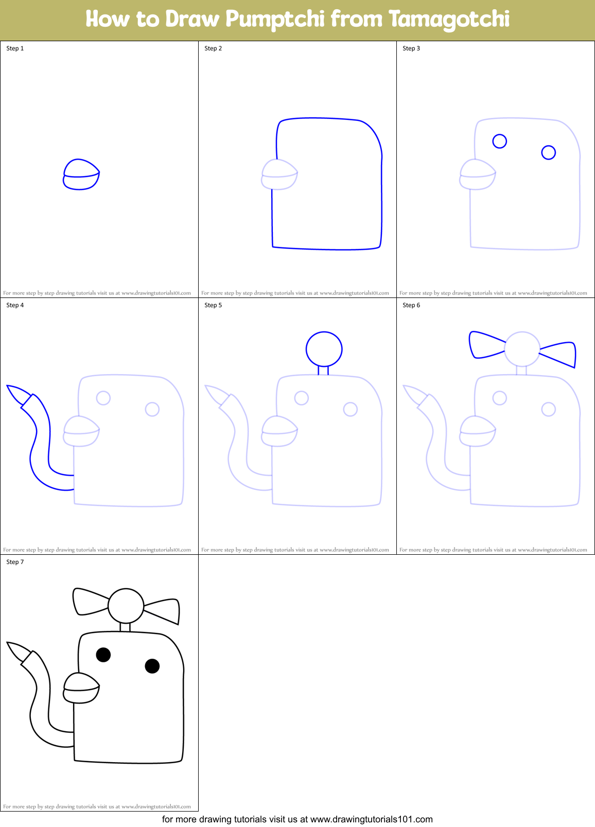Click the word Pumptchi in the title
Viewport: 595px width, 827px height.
[x=275, y=20]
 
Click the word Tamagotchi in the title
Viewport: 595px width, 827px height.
[x=449, y=20]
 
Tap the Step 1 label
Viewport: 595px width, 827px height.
[x=15, y=48]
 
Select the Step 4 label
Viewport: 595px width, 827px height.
[x=15, y=305]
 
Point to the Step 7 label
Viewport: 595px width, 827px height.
[x=15, y=562]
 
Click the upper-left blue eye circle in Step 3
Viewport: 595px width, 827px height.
[x=499, y=141]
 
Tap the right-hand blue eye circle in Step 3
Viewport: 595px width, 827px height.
[x=548, y=152]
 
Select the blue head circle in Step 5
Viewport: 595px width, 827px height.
[x=324, y=349]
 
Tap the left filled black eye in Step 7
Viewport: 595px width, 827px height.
[x=103, y=655]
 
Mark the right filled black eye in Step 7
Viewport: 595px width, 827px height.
[x=152, y=666]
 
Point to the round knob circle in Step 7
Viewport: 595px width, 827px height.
[x=126, y=606]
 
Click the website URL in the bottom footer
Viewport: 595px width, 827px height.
[x=371, y=819]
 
